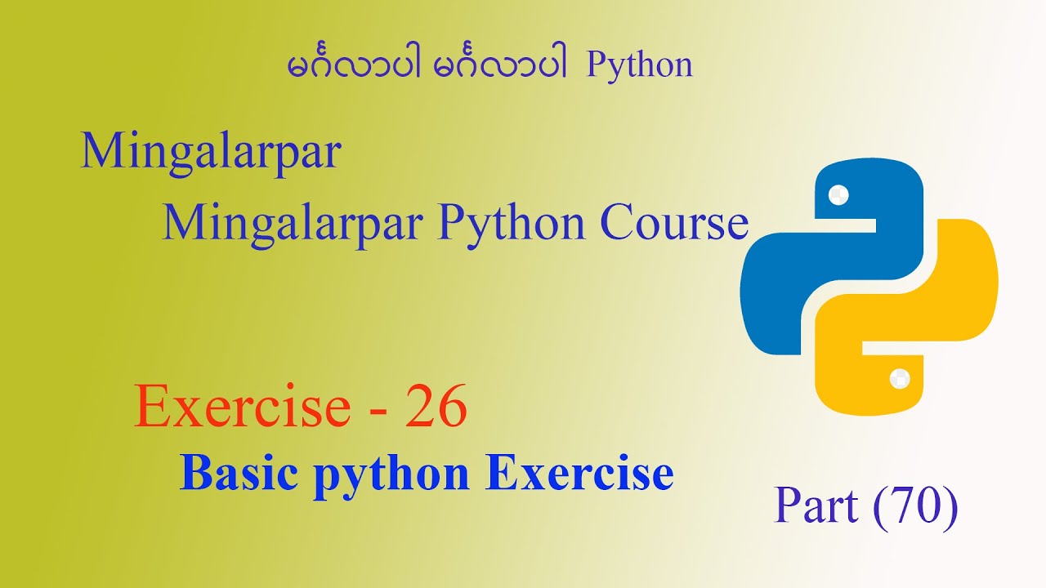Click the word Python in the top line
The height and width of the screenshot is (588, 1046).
point(639,66)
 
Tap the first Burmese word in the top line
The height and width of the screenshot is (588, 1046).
point(354,65)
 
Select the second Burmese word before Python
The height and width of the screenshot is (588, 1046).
point(499,65)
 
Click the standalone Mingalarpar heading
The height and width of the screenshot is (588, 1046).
point(211,153)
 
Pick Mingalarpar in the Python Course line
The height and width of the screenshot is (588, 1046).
point(293,225)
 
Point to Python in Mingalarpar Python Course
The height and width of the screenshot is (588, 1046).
point(512,225)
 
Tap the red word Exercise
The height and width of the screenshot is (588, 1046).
point(243,406)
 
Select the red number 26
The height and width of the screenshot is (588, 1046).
point(436,406)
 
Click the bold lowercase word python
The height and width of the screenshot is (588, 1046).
point(391,477)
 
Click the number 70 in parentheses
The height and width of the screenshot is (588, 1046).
point(915,506)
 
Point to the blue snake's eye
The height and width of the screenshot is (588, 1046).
point(838,195)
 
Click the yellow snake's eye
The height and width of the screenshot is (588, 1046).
point(900,378)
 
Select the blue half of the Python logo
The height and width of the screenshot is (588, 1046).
point(831,256)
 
